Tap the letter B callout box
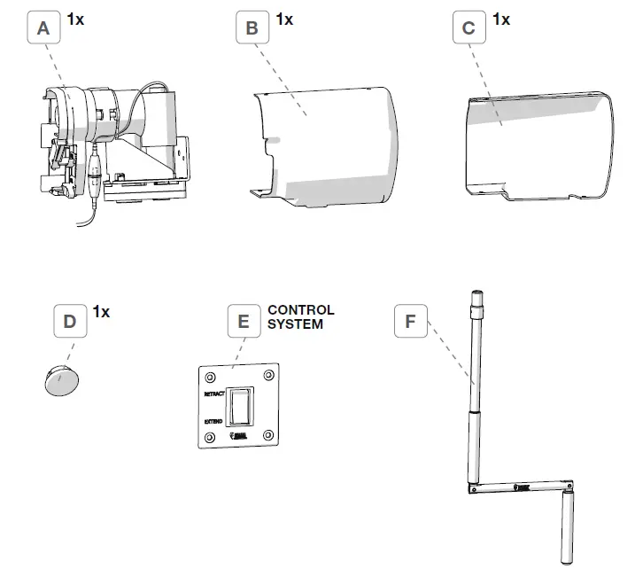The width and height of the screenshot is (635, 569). (252, 29)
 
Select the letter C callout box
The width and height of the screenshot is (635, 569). (469, 29)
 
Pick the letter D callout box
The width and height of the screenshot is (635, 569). (70, 322)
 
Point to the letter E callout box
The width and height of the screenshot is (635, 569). (244, 322)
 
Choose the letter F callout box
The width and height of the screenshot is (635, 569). (410, 322)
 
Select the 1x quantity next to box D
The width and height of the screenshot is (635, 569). (101, 312)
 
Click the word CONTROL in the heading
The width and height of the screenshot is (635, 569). (301, 311)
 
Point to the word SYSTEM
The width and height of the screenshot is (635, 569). (296, 324)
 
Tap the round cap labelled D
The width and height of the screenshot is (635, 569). (61, 379)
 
